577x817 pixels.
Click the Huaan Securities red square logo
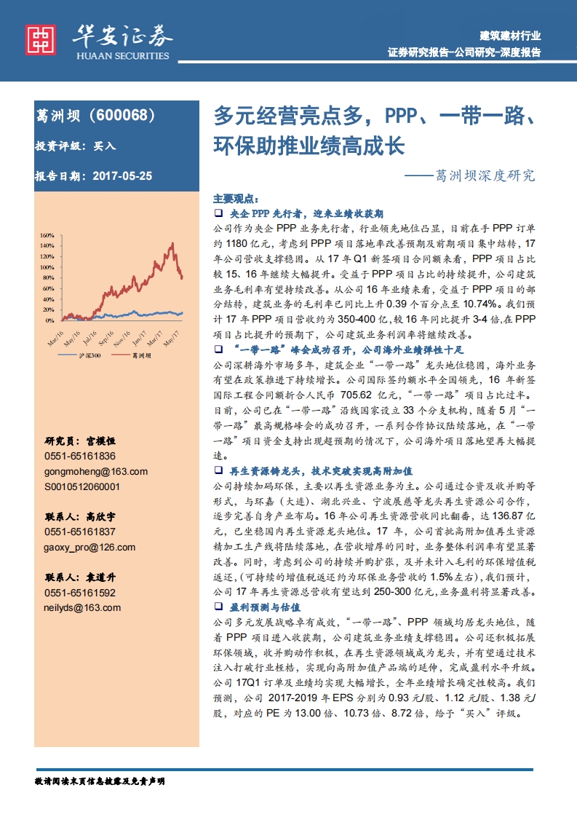[41, 40]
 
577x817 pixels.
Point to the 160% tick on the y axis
[47, 236]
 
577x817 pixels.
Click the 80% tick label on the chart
[48, 278]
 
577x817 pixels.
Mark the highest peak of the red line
[172, 243]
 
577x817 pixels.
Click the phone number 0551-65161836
[80, 456]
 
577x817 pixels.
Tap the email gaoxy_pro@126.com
[89, 547]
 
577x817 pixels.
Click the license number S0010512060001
[82, 486]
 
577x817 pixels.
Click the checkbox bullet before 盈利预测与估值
[218, 607]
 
